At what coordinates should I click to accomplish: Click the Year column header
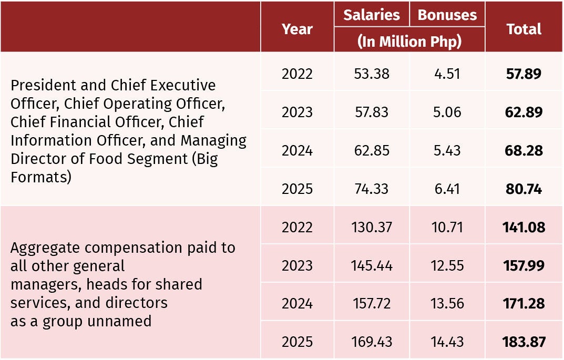click(297, 29)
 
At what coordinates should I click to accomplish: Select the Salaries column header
click(372, 15)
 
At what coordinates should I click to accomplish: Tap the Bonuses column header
click(447, 15)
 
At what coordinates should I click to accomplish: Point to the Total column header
click(524, 29)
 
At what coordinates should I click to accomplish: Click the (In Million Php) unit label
click(409, 42)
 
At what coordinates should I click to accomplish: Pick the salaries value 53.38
click(372, 74)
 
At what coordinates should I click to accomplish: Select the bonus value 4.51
click(447, 74)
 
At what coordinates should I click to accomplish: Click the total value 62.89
click(524, 112)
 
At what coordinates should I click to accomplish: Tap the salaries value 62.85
click(372, 150)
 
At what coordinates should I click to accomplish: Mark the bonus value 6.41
click(447, 189)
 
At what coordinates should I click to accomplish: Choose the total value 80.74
click(524, 189)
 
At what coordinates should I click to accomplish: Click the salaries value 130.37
click(372, 227)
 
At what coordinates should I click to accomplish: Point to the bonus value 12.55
click(447, 265)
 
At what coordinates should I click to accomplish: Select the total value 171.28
click(524, 304)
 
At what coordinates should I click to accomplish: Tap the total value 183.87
click(524, 342)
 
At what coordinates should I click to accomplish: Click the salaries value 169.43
click(372, 342)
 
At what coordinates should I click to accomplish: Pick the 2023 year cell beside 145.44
click(297, 265)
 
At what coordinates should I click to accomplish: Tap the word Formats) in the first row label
click(41, 177)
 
